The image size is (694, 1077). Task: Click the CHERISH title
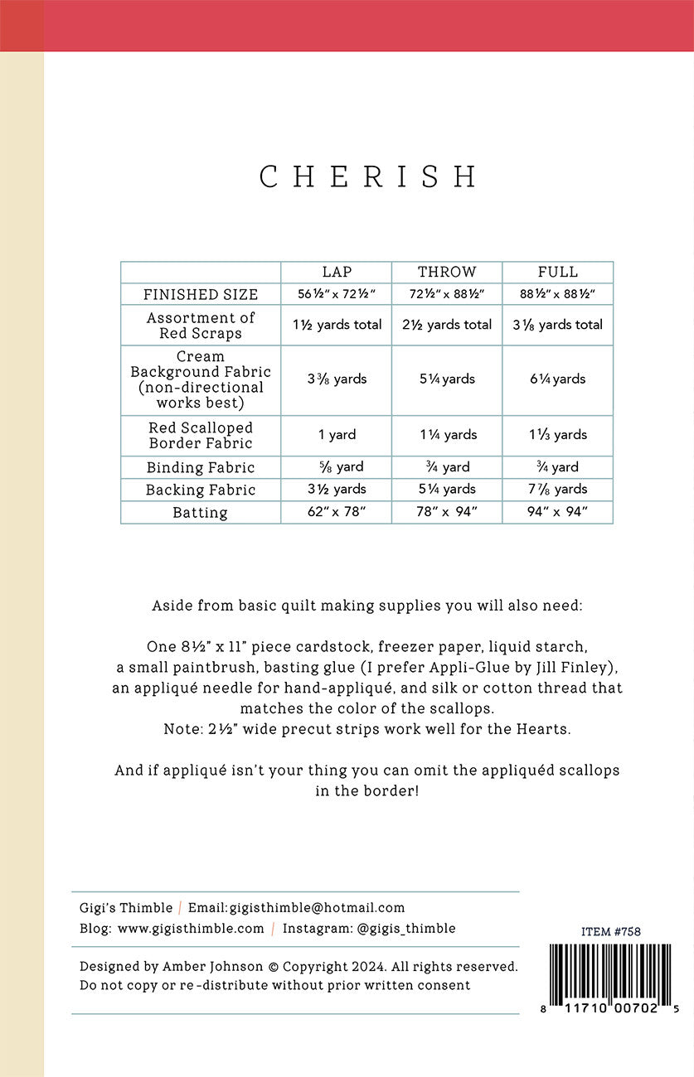click(x=368, y=177)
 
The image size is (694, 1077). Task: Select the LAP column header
click(x=337, y=272)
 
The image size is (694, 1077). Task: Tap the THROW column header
click(x=447, y=272)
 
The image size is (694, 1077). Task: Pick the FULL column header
click(x=558, y=272)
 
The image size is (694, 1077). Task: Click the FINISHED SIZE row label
click(x=201, y=294)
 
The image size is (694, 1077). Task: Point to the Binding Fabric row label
click(x=201, y=467)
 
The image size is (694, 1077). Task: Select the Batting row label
click(x=201, y=512)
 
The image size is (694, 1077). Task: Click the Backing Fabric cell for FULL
click(x=558, y=489)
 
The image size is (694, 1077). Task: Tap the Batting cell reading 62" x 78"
click(x=337, y=512)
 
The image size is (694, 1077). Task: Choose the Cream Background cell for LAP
click(x=337, y=379)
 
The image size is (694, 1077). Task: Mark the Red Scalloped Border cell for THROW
click(x=447, y=434)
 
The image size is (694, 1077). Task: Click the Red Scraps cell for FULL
click(x=558, y=325)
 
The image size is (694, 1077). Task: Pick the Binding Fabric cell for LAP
click(x=337, y=467)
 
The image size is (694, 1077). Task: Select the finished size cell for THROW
click(x=447, y=294)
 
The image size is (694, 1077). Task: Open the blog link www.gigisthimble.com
click(x=191, y=929)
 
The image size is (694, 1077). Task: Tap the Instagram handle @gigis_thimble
click(x=406, y=929)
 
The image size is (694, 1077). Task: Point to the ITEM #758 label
click(x=611, y=931)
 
